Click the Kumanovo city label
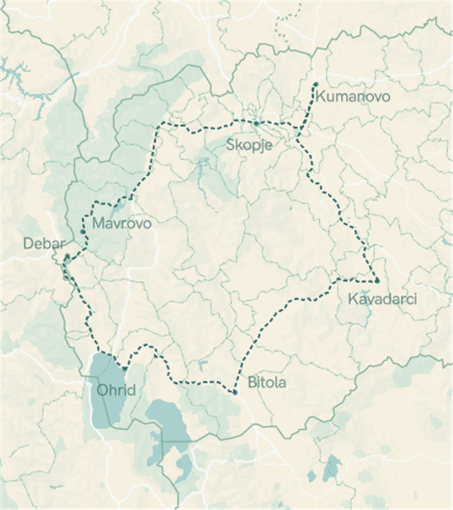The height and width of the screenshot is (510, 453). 353,97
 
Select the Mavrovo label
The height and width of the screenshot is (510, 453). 122,224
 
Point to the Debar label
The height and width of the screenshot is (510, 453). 43,244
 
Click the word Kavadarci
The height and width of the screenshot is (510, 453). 382,299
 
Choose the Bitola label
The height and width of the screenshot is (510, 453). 267,383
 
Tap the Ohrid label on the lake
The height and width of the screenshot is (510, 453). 116,390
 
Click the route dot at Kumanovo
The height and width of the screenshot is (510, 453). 316,84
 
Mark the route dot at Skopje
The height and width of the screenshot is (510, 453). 256,123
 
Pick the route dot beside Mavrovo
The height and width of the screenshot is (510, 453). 83,231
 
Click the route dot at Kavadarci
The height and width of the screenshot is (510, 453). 377,280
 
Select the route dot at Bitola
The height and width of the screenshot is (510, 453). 236,392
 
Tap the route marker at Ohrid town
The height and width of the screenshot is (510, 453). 125,368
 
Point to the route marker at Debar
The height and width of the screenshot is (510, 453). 67,257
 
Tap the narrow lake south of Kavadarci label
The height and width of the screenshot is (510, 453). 369,317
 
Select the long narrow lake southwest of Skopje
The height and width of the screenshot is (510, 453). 202,168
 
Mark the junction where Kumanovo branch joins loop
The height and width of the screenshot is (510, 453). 298,135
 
